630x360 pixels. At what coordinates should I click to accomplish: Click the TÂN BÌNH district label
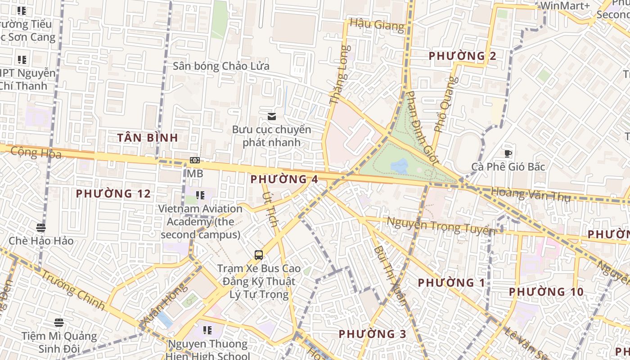point(148,138)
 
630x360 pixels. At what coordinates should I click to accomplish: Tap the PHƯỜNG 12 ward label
point(113,193)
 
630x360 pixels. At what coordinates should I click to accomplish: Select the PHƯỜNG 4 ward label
point(284,179)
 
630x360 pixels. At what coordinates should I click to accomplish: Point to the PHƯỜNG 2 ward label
point(462,56)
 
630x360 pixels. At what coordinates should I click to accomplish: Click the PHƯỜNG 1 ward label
point(451,283)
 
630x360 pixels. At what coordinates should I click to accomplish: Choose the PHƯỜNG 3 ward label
point(372,334)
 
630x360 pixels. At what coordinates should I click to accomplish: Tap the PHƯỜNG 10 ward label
point(546,292)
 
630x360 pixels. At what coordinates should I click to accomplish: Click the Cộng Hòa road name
point(36,153)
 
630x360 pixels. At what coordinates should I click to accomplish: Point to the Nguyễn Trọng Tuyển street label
point(441,225)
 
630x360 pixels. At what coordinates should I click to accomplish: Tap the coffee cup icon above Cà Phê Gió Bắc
point(508,153)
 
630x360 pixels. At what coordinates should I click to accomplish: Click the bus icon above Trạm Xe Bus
point(259,255)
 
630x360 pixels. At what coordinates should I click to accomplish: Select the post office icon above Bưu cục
point(271,117)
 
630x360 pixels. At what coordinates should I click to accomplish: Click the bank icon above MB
point(195,160)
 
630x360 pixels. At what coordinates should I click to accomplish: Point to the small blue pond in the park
point(399,166)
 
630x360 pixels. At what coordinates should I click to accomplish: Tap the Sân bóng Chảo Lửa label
point(221,66)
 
